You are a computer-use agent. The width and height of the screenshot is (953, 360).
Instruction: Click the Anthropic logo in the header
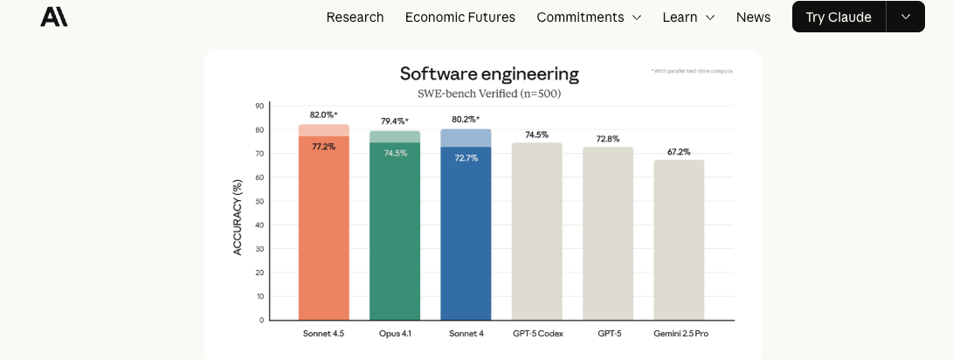tap(53, 17)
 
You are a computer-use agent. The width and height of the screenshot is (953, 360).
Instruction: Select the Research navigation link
tap(355, 17)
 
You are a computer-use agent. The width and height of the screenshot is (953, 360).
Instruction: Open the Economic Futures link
tap(460, 17)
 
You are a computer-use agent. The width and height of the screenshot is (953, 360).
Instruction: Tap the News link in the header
tap(753, 17)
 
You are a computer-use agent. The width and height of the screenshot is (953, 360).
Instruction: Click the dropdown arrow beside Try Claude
tap(906, 17)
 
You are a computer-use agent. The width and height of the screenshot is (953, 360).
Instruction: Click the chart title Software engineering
tap(489, 74)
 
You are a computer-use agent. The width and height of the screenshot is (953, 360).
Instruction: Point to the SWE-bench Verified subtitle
tap(489, 93)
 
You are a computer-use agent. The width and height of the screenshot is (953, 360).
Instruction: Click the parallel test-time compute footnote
tap(693, 71)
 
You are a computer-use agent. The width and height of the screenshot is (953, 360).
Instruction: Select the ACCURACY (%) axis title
tap(238, 217)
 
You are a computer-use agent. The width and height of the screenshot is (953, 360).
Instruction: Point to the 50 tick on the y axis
tap(259, 201)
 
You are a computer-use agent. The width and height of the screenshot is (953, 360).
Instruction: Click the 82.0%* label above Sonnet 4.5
tap(323, 115)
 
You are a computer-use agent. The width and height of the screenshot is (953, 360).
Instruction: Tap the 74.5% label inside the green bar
tap(395, 153)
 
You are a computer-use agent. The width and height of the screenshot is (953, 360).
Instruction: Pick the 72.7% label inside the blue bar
tap(466, 158)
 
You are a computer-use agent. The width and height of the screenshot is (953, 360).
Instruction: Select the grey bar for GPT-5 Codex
tap(536, 231)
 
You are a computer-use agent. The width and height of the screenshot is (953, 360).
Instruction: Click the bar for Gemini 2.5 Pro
tap(679, 239)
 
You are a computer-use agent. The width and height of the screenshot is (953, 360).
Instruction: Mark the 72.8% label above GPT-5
tap(608, 139)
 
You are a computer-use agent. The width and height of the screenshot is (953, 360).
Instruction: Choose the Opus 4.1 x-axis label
tap(395, 334)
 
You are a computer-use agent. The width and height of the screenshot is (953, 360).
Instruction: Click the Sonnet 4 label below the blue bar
tap(466, 334)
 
